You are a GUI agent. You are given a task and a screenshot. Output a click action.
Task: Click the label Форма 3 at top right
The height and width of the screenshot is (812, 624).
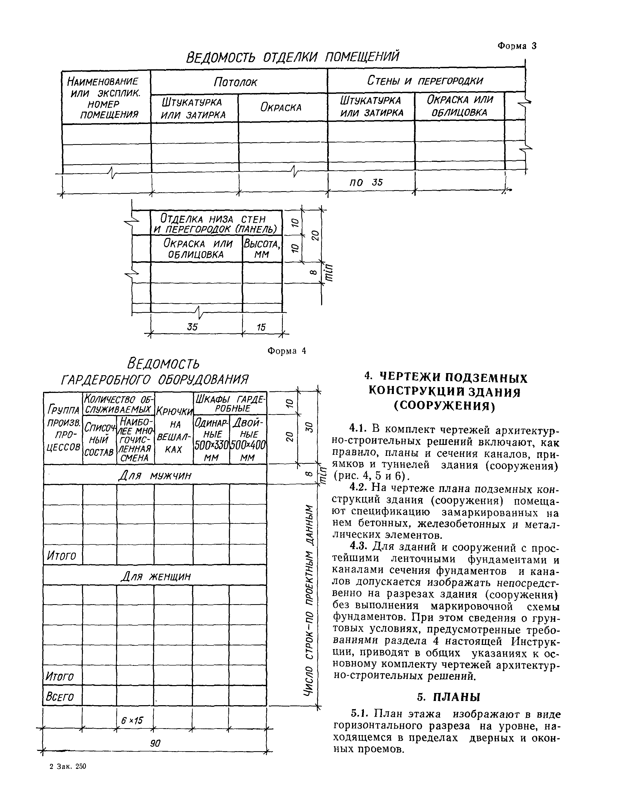(517, 46)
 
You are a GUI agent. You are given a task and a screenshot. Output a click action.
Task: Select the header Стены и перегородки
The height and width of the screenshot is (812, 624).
(425, 81)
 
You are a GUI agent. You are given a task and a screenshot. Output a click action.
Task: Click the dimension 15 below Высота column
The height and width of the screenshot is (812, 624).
(261, 327)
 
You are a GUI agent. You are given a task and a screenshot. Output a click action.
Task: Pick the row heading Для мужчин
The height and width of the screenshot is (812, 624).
(155, 475)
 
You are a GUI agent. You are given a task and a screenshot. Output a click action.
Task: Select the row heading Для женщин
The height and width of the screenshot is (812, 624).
(156, 576)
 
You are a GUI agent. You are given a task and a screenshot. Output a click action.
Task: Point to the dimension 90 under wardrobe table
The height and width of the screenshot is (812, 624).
(155, 743)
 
